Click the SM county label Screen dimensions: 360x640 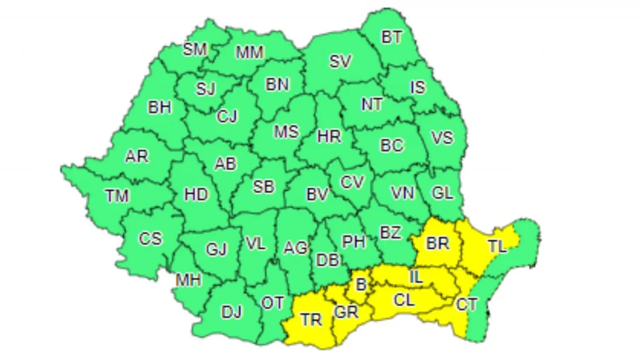(x=195, y=49)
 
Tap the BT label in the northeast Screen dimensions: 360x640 (x=392, y=37)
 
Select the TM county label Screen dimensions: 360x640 (x=117, y=195)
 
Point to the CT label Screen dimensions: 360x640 (x=466, y=305)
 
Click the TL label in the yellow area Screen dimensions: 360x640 (x=497, y=247)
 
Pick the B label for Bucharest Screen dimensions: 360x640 (x=361, y=285)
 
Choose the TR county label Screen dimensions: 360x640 (x=311, y=320)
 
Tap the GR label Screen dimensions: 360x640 (x=346, y=312)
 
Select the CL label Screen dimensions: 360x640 (x=404, y=300)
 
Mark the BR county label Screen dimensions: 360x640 (x=437, y=244)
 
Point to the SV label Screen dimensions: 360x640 (x=340, y=62)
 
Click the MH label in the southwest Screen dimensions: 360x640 (x=188, y=279)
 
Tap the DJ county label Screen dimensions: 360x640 (x=232, y=312)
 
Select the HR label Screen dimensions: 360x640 (x=329, y=136)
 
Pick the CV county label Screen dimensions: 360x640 (x=353, y=182)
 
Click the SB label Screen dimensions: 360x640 (x=264, y=187)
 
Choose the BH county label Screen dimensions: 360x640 (x=159, y=108)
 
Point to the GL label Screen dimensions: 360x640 (x=442, y=193)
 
